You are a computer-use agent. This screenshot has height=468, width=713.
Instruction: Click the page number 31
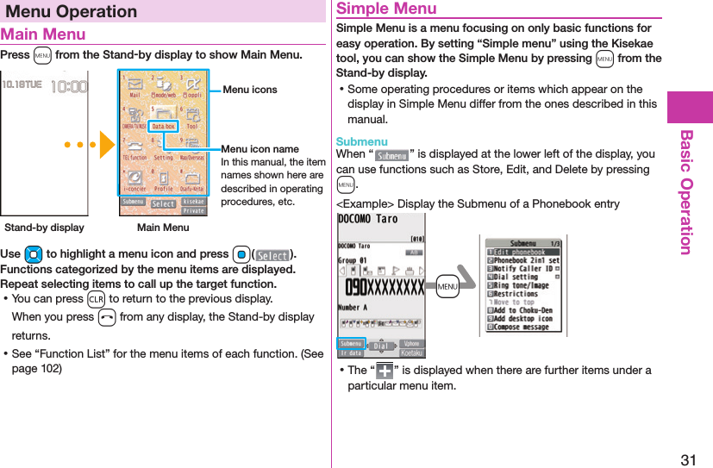688,459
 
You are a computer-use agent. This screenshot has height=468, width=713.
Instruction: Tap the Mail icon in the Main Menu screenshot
134,89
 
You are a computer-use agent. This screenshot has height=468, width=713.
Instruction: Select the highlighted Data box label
163,127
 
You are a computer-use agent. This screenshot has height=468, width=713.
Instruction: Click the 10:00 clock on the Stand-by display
69,87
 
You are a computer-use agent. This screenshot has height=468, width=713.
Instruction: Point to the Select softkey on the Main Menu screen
163,204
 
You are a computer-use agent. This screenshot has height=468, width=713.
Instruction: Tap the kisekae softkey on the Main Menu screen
195,200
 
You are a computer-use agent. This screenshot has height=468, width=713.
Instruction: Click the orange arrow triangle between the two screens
106,144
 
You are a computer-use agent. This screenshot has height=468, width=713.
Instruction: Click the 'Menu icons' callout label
249,90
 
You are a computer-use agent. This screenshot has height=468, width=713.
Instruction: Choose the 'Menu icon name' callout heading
260,150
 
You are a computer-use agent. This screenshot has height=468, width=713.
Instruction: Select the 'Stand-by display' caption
44,228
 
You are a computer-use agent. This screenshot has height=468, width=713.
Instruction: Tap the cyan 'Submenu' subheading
361,140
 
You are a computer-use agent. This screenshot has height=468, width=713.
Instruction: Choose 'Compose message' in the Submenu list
522,327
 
